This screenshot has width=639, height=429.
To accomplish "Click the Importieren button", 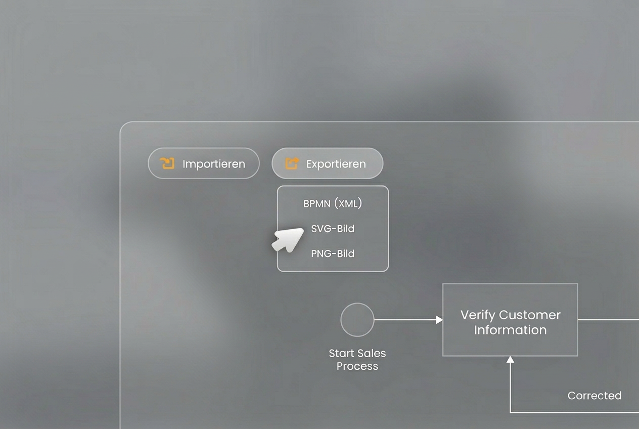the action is (x=204, y=163).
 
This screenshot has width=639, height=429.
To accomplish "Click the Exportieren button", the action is (x=328, y=163).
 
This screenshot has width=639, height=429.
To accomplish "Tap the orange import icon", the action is (x=167, y=163).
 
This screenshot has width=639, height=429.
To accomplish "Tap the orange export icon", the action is (x=292, y=163).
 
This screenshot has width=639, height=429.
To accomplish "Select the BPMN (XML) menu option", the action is (x=333, y=203).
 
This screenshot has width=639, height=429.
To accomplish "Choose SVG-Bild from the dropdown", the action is (x=333, y=229).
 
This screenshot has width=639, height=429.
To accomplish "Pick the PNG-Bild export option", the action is (x=333, y=253).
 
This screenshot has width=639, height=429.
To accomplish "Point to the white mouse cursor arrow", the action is (x=288, y=239).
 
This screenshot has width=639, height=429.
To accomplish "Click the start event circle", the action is (x=357, y=320).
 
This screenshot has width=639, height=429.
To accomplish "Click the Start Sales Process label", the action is (x=357, y=360).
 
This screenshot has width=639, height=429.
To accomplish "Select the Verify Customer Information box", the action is (x=511, y=320).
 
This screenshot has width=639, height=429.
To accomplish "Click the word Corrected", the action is (x=595, y=396).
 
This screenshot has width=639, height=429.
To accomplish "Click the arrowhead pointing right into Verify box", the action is (x=440, y=320).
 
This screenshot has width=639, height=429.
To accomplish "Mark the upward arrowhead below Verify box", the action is (x=511, y=360).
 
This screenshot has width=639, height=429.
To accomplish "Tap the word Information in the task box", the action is (x=511, y=330).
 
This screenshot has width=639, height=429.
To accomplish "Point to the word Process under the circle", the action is (x=357, y=366).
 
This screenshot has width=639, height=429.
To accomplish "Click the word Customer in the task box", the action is (x=530, y=315).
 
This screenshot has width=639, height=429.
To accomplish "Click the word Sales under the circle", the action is (x=370, y=353).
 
